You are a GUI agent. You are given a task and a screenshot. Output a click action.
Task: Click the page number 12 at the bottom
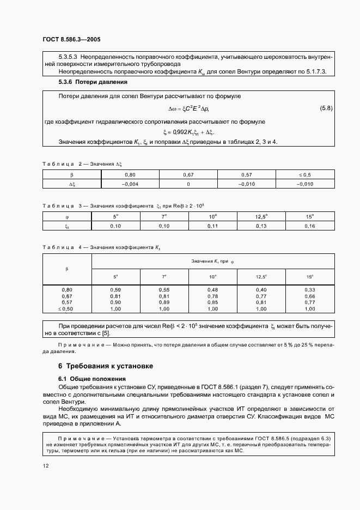(x=45, y=465)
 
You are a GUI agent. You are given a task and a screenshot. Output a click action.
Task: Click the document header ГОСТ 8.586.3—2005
(x=71, y=40)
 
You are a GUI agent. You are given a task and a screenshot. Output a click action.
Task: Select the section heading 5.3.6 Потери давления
(x=93, y=82)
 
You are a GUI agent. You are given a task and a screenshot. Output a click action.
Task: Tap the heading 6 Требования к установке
(x=106, y=366)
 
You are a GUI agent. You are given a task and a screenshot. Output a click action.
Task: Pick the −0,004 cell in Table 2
(x=130, y=184)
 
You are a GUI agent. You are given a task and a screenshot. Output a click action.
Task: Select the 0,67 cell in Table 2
(x=188, y=175)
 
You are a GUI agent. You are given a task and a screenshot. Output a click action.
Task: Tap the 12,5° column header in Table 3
(x=261, y=216)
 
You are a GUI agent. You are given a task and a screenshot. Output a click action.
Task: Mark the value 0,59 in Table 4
(x=115, y=289)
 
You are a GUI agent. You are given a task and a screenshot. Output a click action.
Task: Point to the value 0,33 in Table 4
(x=310, y=289)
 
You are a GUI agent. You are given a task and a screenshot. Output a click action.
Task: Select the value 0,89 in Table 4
(x=164, y=302)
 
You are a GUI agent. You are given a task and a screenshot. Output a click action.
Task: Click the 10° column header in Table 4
(x=213, y=277)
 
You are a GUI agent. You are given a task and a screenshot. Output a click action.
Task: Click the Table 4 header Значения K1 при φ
(x=212, y=261)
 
